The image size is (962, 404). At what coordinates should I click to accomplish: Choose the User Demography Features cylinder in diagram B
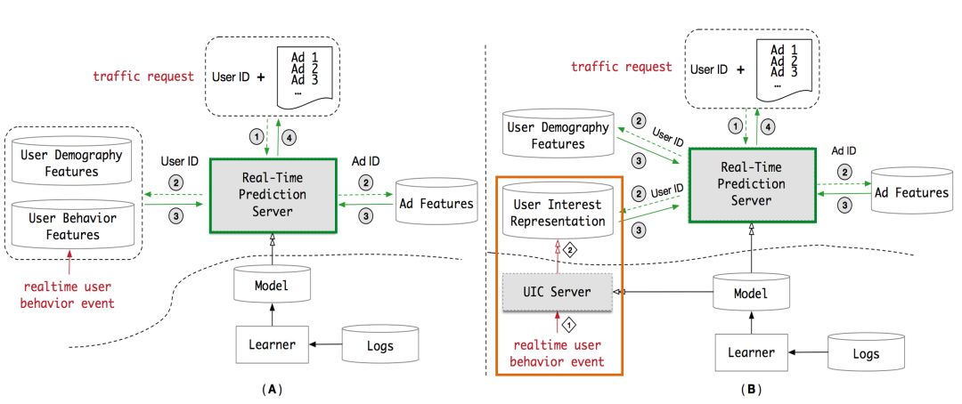click(x=559, y=135)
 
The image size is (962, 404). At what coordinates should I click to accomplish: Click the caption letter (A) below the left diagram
click(x=270, y=389)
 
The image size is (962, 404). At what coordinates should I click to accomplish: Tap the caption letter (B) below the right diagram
click(x=749, y=389)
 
